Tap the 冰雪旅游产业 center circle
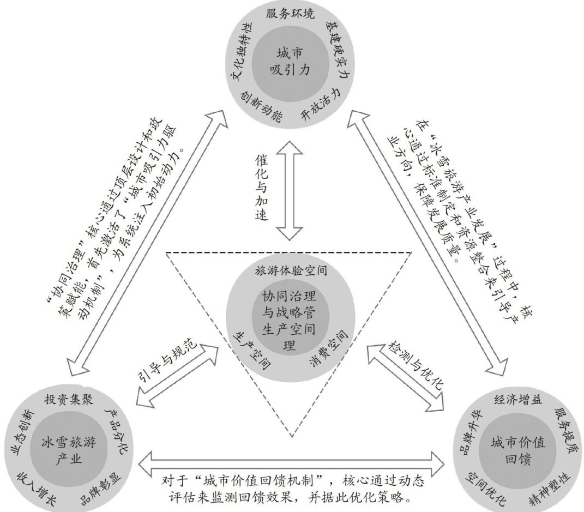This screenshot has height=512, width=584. coord(69,450)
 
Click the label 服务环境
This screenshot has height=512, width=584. coord(290,14)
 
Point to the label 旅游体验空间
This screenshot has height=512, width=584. coord(291,270)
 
